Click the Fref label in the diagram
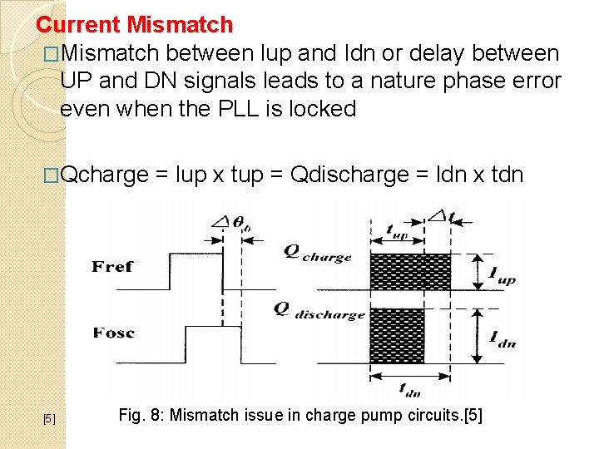113,266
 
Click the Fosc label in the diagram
114,333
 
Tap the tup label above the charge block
397,233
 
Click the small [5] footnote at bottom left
49,418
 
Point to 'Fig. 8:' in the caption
141,415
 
